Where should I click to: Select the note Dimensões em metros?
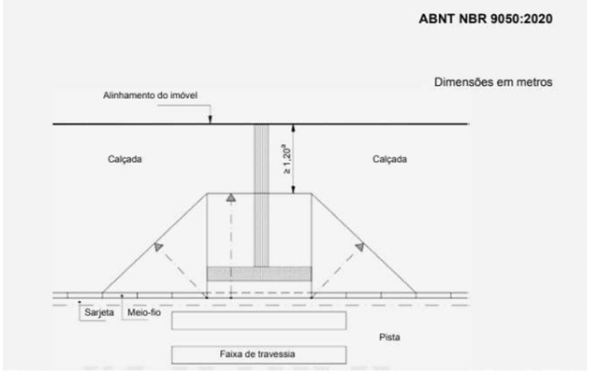(492, 82)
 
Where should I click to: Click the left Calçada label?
(124, 159)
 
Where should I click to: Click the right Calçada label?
(389, 159)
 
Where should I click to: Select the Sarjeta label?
(98, 312)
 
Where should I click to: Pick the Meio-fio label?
(142, 312)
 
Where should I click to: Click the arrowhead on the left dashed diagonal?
(159, 244)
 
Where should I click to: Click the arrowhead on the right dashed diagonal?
(359, 244)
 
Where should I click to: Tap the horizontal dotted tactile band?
(259, 273)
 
